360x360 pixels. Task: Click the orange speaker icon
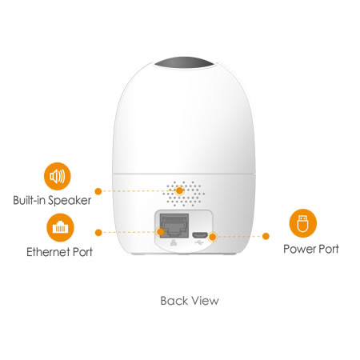(x=58, y=176)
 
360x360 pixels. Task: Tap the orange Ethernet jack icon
(x=60, y=227)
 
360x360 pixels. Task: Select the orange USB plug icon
(x=303, y=223)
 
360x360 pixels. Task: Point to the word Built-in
(x=29, y=200)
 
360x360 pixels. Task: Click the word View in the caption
(x=206, y=301)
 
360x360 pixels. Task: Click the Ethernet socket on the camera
(x=174, y=226)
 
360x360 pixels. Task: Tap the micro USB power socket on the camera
(x=199, y=235)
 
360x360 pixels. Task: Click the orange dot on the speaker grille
(x=180, y=190)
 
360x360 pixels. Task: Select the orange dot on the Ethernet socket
(x=160, y=232)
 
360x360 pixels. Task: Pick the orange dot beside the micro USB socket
(x=213, y=237)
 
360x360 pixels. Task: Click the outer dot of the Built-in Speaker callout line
(x=98, y=191)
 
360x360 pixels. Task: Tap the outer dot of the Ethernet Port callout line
(x=98, y=233)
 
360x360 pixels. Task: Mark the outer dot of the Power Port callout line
(x=266, y=236)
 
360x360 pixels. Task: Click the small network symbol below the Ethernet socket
(x=173, y=242)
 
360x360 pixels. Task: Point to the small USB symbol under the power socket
(x=199, y=242)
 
